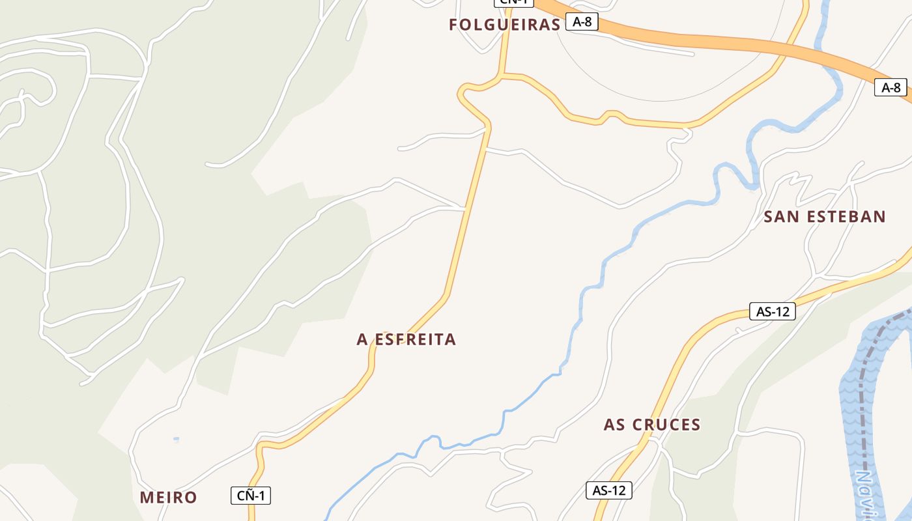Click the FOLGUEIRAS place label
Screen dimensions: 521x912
pos(504,25)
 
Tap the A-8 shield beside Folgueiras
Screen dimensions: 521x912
pos(582,21)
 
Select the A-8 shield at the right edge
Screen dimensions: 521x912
pos(891,87)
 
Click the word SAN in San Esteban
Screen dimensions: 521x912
pos(781,217)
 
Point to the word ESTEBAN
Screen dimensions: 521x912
pos(846,217)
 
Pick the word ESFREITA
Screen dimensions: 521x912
pos(415,339)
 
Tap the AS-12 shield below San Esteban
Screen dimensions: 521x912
pos(773,311)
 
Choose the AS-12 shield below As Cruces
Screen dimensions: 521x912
pos(609,490)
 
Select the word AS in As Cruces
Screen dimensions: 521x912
pos(615,425)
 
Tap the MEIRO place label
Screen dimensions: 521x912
pos(168,498)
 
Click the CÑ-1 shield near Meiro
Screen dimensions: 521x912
pos(251,496)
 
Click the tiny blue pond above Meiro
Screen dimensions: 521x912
pos(176,440)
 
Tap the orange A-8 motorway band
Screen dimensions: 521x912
pos(717,40)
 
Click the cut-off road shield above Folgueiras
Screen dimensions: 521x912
pos(514,2)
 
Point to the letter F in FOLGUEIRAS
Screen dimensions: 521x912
pos(453,25)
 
